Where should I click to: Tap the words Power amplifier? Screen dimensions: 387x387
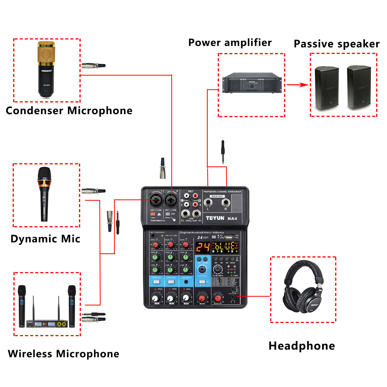(x=230, y=43)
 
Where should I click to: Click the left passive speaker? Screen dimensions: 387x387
(x=326, y=88)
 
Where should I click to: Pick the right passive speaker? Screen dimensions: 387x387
(x=359, y=87)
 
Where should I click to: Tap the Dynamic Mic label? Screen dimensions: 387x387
(x=45, y=239)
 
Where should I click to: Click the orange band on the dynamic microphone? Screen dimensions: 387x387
(x=44, y=183)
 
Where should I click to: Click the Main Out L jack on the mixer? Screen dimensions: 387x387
(x=208, y=203)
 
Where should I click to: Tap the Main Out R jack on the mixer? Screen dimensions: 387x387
(x=226, y=203)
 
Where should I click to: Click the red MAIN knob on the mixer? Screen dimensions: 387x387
(x=202, y=299)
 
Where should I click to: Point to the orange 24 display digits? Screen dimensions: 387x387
(x=203, y=247)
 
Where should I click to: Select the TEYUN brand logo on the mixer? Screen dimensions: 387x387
(x=215, y=218)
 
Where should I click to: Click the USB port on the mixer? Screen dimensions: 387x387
(x=229, y=237)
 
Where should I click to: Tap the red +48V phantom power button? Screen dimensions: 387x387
(x=153, y=214)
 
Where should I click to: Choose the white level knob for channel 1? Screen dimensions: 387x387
(x=155, y=299)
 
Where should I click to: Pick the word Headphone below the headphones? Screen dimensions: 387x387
(x=302, y=346)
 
